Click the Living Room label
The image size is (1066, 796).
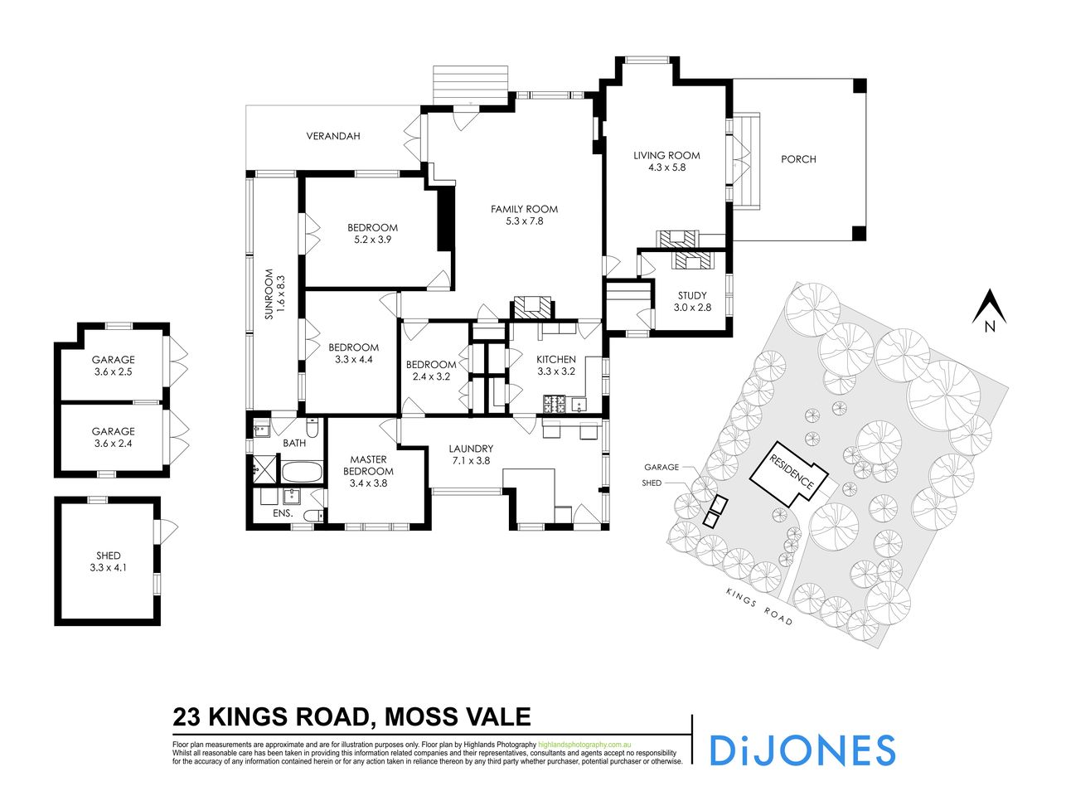[x=666, y=155]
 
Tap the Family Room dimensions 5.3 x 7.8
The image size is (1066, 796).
[x=524, y=221]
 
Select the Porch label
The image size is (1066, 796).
[x=798, y=159]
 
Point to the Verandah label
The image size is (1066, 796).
[x=332, y=136]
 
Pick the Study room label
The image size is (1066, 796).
[x=692, y=295]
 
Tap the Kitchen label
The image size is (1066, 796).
[x=555, y=359]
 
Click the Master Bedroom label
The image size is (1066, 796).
[x=368, y=465]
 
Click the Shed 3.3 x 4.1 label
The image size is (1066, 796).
[x=109, y=561]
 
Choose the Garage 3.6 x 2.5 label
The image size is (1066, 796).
[x=113, y=366]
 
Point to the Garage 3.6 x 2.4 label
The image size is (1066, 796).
[x=113, y=437]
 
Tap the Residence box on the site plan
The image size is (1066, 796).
[x=790, y=476]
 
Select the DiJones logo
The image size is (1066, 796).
[x=802, y=750]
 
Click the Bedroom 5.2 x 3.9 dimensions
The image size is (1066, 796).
[x=372, y=239]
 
